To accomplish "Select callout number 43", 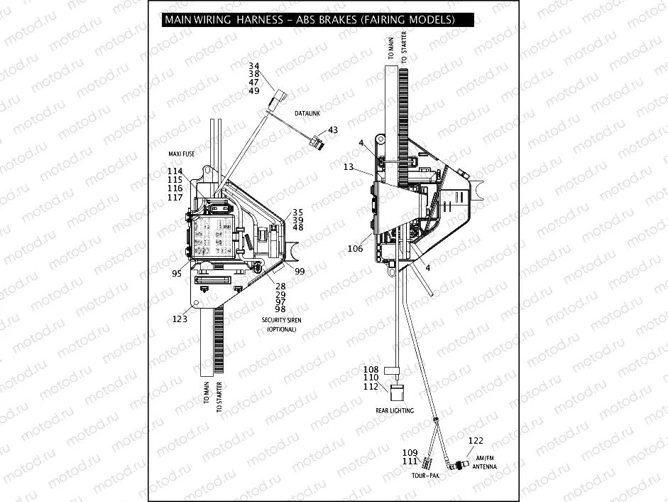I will (x=332, y=131).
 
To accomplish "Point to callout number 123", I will (x=180, y=319).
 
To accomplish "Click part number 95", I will (x=177, y=273).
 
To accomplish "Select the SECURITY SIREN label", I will (x=281, y=321).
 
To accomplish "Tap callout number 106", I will (x=355, y=249).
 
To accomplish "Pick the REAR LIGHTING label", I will (x=395, y=410).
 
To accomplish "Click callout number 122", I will (x=476, y=441).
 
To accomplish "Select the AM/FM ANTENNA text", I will (x=485, y=462).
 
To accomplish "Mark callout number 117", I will (x=175, y=198).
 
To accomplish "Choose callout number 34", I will (x=254, y=66).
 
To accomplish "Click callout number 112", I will (x=371, y=387).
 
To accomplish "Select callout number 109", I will (x=410, y=453).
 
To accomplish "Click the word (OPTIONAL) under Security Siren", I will (x=281, y=329).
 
